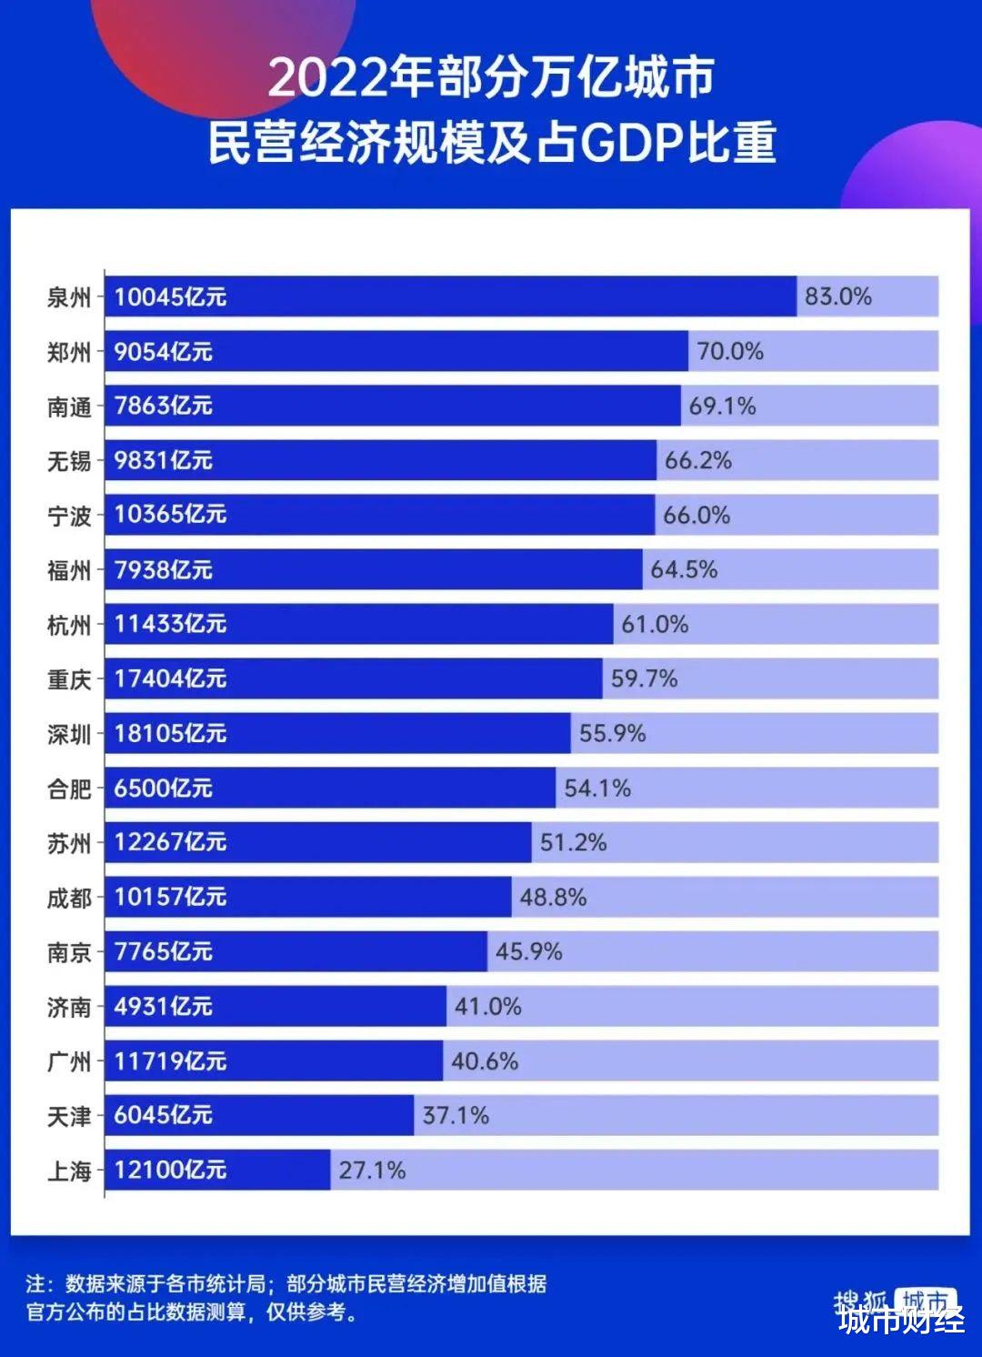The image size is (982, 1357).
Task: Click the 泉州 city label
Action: [x=69, y=297]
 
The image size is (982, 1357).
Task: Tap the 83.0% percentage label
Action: [x=837, y=297]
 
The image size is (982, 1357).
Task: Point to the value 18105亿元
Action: [x=170, y=733]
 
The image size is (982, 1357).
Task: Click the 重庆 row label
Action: [x=69, y=679]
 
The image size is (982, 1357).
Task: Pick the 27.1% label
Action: [x=372, y=1170]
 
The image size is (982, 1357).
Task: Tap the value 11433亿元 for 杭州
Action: [x=170, y=624]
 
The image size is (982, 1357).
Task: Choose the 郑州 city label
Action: [x=69, y=352]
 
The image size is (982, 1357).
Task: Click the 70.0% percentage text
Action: [x=729, y=351]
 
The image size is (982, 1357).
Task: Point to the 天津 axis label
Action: [x=69, y=1116]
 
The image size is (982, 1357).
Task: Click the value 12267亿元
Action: [x=170, y=842]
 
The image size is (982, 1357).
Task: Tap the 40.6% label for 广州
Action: [x=485, y=1060]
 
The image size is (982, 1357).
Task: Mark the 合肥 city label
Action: [x=69, y=789]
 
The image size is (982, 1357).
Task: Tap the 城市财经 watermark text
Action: [x=901, y=1319]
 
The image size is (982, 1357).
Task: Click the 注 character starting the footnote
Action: [x=35, y=1283]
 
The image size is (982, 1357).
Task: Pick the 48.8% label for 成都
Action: [x=553, y=897]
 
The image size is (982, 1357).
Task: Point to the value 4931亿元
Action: [x=163, y=1006]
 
